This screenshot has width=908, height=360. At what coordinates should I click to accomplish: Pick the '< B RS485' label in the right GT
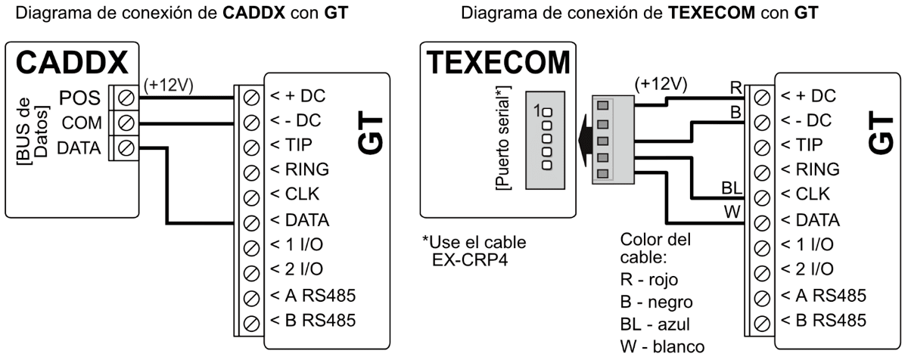coord(823,319)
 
